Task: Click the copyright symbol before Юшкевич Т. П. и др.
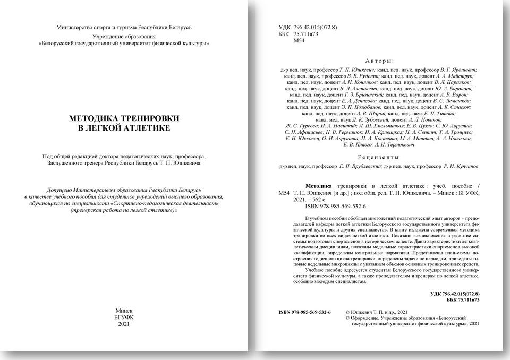tap(347, 312)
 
